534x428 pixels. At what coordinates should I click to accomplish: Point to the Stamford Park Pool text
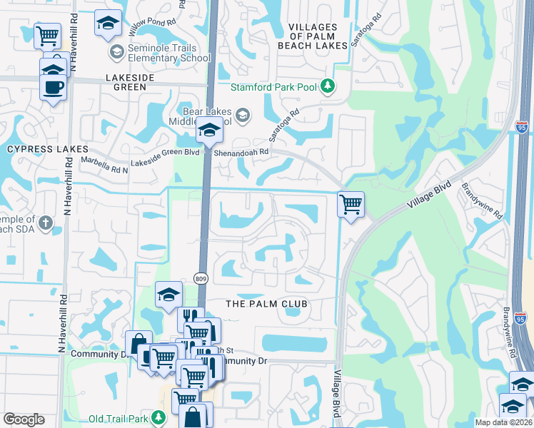pyautogui.click(x=274, y=87)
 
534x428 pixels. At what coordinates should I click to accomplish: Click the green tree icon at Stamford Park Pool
pyautogui.click(x=328, y=87)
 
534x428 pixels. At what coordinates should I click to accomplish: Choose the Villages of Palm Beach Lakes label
pyautogui.click(x=318, y=36)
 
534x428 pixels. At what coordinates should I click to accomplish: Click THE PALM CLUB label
pyautogui.click(x=266, y=304)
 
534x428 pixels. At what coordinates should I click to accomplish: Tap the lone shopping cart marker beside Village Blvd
pyautogui.click(x=351, y=205)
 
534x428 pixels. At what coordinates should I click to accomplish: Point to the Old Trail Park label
pyautogui.click(x=118, y=419)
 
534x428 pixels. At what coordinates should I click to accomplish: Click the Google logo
pyautogui.click(x=24, y=419)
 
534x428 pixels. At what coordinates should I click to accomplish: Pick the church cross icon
pyautogui.click(x=45, y=224)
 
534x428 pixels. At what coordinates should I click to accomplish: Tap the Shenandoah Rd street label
pyautogui.click(x=245, y=152)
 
